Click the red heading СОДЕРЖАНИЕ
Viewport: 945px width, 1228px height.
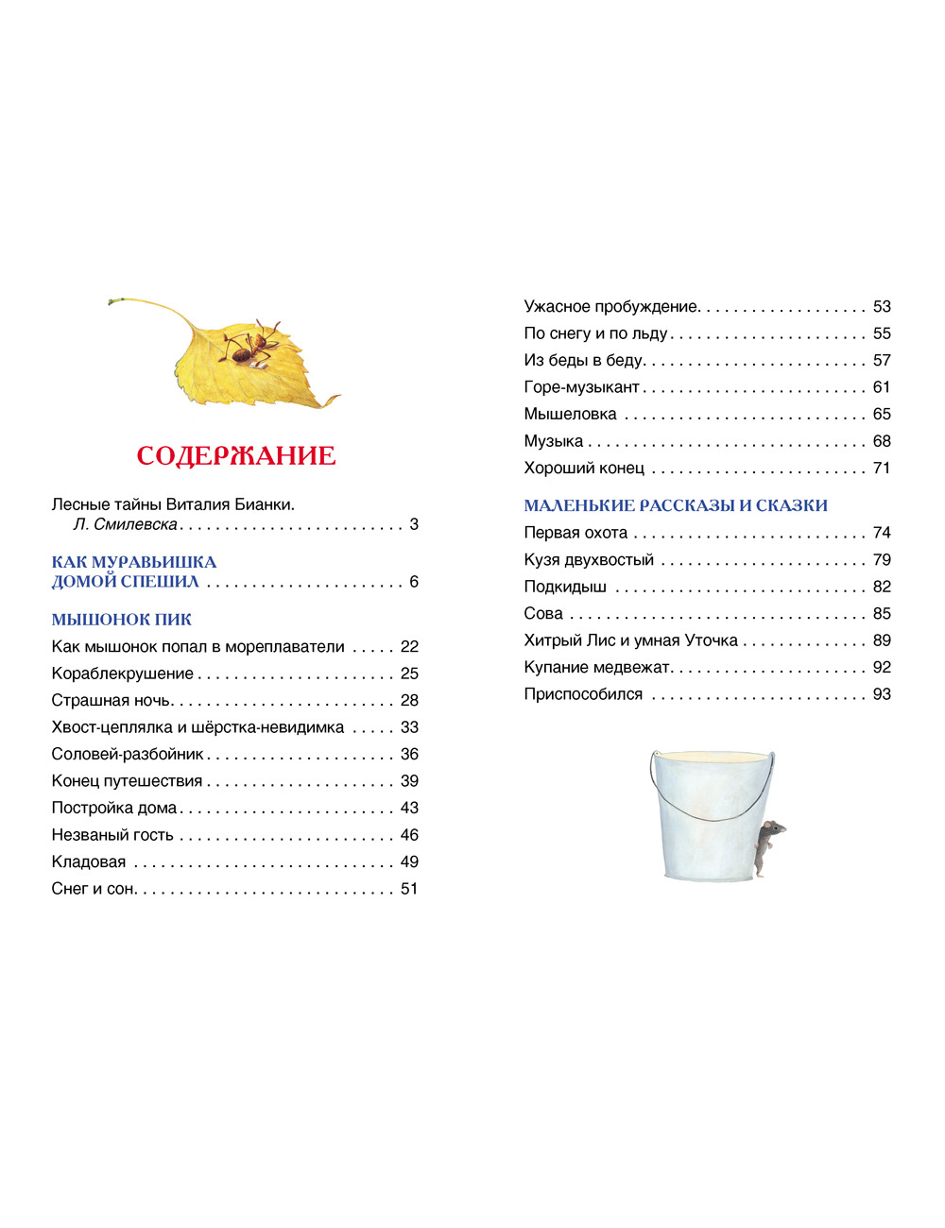point(236,455)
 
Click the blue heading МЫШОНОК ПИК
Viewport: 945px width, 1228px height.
point(122,620)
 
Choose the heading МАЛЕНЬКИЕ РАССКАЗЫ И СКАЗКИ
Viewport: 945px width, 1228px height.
point(676,505)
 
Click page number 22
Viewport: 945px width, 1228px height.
point(409,647)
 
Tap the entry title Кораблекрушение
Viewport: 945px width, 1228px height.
point(123,674)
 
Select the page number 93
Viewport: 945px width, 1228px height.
point(882,694)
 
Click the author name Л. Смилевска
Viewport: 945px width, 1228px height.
point(126,524)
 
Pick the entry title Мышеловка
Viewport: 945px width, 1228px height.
point(570,414)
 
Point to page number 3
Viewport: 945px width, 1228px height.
point(414,524)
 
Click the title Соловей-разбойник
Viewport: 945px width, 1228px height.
point(128,754)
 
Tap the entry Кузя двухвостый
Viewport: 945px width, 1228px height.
point(589,560)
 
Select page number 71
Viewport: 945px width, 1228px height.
point(882,468)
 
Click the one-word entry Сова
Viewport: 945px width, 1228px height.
point(543,614)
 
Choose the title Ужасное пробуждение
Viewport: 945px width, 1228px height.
point(611,306)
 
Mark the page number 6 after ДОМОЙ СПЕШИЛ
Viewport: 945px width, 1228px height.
point(414,582)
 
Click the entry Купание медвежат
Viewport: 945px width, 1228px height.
point(597,668)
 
